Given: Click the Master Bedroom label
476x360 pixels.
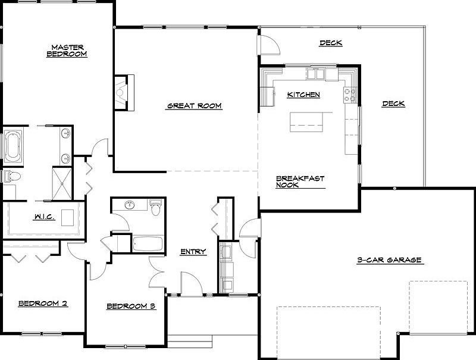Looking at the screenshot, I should pyautogui.click(x=67, y=51).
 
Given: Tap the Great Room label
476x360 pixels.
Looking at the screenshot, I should pyautogui.click(x=194, y=106).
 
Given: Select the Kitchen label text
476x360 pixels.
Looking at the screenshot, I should pyautogui.click(x=303, y=95).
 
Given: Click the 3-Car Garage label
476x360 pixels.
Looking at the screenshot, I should pyautogui.click(x=389, y=260).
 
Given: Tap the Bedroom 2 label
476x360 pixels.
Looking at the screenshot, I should pyautogui.click(x=42, y=303).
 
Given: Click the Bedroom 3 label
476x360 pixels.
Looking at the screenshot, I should pyautogui.click(x=131, y=306).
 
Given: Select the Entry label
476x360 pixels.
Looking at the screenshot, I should pyautogui.click(x=193, y=252).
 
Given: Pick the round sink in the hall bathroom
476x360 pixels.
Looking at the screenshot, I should pyautogui.click(x=129, y=206).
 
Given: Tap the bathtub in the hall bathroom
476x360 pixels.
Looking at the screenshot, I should pyautogui.click(x=147, y=244).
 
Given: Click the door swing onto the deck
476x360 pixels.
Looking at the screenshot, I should pyautogui.click(x=267, y=45).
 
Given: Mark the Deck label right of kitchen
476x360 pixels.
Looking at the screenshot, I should pyautogui.click(x=393, y=104).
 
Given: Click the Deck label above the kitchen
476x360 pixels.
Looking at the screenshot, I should pyautogui.click(x=331, y=43).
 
